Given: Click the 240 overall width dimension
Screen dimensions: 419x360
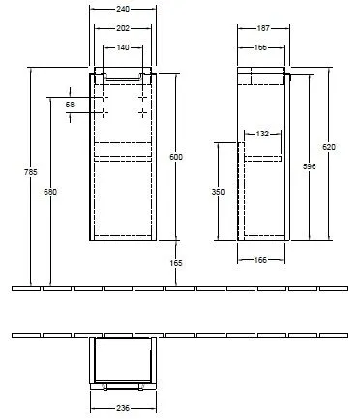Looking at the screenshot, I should pyautogui.click(x=121, y=10).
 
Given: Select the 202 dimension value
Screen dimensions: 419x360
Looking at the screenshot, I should pyautogui.click(x=121, y=27).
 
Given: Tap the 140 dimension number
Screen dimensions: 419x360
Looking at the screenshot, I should pyautogui.click(x=121, y=47).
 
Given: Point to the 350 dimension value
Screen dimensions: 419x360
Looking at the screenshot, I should pyautogui.click(x=220, y=192).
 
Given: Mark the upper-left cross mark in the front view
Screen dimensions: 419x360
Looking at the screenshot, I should pyautogui.click(x=99, y=97).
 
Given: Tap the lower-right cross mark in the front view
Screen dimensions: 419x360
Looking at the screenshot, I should pyautogui.click(x=143, y=113).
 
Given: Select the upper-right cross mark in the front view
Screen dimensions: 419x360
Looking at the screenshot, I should pyautogui.click(x=143, y=97).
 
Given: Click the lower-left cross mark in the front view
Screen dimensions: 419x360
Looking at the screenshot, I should pyautogui.click(x=99, y=113).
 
